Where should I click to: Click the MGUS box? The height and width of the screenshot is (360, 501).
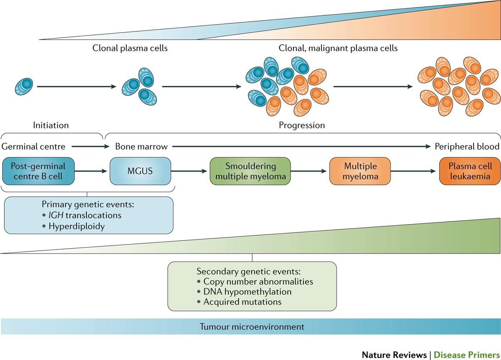coord(140,171)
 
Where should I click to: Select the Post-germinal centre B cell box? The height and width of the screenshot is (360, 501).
coord(38,171)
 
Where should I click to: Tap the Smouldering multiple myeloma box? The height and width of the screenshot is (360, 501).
coord(250,171)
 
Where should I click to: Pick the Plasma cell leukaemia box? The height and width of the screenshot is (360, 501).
coord(470,171)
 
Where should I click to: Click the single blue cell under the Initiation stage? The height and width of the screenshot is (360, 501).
coord(24,86)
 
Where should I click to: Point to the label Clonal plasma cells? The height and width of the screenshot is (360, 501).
coord(130,48)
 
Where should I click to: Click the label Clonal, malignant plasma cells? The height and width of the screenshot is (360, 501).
coord(338,48)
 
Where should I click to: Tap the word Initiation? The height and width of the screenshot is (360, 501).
coord(51,125)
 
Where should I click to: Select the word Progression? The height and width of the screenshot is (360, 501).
coord(302,125)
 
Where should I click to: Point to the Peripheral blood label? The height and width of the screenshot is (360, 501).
coord(467,146)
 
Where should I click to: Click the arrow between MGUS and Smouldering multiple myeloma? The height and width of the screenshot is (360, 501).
coord(190,171)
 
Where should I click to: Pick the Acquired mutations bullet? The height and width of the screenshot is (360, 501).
coord(242,302)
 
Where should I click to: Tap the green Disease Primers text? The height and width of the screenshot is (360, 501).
coord(466,355)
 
